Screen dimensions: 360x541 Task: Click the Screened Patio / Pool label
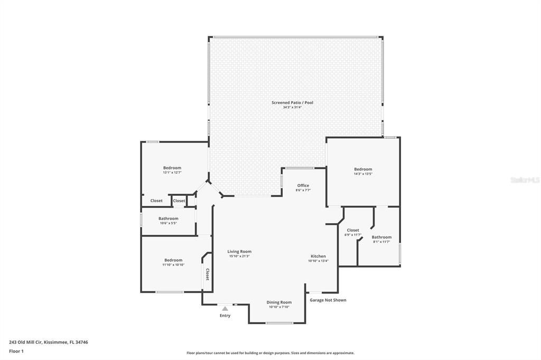[292, 102]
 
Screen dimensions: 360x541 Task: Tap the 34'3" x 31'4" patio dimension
[292, 108]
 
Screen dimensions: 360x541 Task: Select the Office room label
[303, 185]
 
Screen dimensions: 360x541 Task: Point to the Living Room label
[239, 251]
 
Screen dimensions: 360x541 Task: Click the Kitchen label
[318, 256]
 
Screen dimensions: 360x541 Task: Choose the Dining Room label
[279, 302]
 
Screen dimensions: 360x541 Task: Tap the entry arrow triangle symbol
[225, 308]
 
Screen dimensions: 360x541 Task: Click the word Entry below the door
[225, 316]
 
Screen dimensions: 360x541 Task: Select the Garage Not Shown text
[328, 300]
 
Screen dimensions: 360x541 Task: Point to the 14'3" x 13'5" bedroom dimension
[363, 174]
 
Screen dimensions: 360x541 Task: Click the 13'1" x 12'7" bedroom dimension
[172, 173]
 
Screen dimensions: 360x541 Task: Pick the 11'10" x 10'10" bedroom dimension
[173, 265]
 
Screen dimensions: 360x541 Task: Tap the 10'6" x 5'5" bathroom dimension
[169, 223]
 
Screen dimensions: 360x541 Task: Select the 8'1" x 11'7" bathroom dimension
[381, 242]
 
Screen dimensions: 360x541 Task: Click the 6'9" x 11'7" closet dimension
[353, 235]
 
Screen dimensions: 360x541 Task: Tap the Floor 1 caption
[16, 351]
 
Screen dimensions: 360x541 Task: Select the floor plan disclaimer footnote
[270, 353]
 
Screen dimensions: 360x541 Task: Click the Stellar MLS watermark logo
[525, 180]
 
